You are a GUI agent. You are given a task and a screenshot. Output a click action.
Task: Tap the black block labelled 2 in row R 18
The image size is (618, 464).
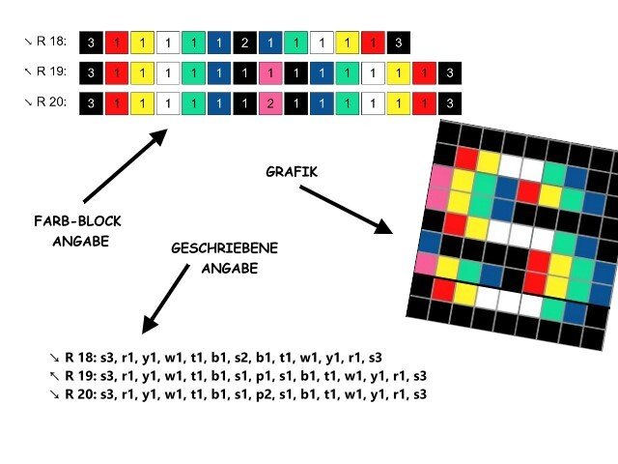(x=245, y=43)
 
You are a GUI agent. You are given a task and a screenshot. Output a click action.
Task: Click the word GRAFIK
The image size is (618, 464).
(x=292, y=171)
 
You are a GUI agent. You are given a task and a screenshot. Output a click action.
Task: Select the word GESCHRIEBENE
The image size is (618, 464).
(x=224, y=248)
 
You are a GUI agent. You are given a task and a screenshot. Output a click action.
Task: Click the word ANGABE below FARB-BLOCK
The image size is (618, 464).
(x=79, y=241)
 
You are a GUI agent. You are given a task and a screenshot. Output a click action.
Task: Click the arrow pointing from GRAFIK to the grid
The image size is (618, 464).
(x=345, y=209)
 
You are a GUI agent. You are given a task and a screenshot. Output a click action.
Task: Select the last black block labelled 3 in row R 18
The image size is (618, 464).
(x=400, y=43)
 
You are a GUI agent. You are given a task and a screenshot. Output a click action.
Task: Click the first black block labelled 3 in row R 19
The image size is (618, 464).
(x=91, y=73)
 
